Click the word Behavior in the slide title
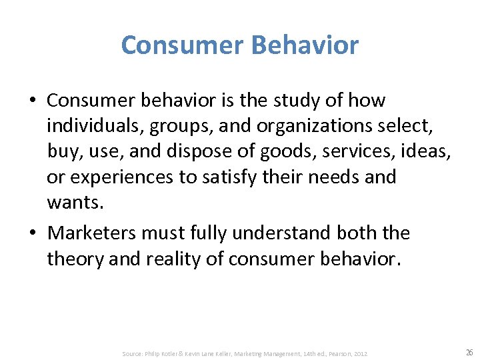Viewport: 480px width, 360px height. tap(306, 45)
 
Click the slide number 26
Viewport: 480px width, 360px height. tap(469, 352)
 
